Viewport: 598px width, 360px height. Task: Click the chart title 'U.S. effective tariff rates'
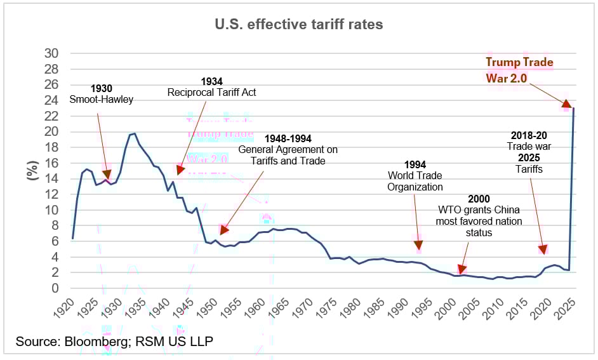tap(298, 25)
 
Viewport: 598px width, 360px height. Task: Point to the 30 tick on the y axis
tap(51, 53)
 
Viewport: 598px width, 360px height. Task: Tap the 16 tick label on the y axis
tap(51, 163)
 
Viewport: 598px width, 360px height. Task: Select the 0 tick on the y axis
tap(55, 288)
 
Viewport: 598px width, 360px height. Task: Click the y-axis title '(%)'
tap(32, 170)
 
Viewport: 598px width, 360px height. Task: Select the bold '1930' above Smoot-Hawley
tap(102, 88)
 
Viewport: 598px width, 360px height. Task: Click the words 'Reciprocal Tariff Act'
tap(211, 93)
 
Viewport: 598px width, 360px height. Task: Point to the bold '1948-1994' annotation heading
tap(288, 138)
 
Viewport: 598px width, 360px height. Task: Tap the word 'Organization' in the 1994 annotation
tap(415, 187)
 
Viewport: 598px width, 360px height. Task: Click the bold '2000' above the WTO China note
tap(478, 199)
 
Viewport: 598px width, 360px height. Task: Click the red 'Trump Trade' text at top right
tap(519, 62)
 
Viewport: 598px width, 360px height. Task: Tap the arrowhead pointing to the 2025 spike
tap(566, 103)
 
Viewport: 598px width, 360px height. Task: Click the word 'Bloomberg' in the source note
tap(103, 342)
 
